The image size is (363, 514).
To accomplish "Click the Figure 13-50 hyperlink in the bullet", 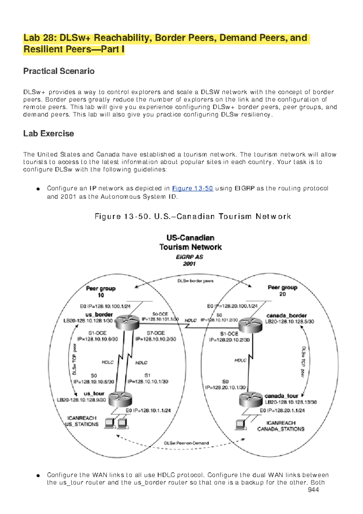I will (x=192, y=188).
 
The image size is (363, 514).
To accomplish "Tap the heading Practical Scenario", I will (x=59, y=71).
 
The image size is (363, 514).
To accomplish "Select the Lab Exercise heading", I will (x=49, y=133).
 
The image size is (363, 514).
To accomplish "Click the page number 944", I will (x=313, y=490).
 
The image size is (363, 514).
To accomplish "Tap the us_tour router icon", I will (x=120, y=399).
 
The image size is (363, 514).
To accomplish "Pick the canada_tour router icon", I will (x=250, y=400).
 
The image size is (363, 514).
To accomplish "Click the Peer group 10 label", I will (x=101, y=292).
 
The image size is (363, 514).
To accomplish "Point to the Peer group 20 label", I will (x=282, y=291).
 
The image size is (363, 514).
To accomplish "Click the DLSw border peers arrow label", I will (x=195, y=281).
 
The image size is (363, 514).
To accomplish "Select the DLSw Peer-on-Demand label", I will (x=186, y=443).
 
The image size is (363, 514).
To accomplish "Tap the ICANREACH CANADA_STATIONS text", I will (x=281, y=426).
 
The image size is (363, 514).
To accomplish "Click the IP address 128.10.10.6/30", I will (x=98, y=339).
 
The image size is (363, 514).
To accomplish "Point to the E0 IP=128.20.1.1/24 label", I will (x=282, y=410).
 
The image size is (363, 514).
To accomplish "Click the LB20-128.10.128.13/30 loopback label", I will (x=291, y=402).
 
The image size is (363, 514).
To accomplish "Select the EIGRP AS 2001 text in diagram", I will (x=190, y=260).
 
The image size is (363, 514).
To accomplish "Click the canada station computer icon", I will (x=241, y=425).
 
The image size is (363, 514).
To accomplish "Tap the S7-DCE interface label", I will (x=155, y=333).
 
